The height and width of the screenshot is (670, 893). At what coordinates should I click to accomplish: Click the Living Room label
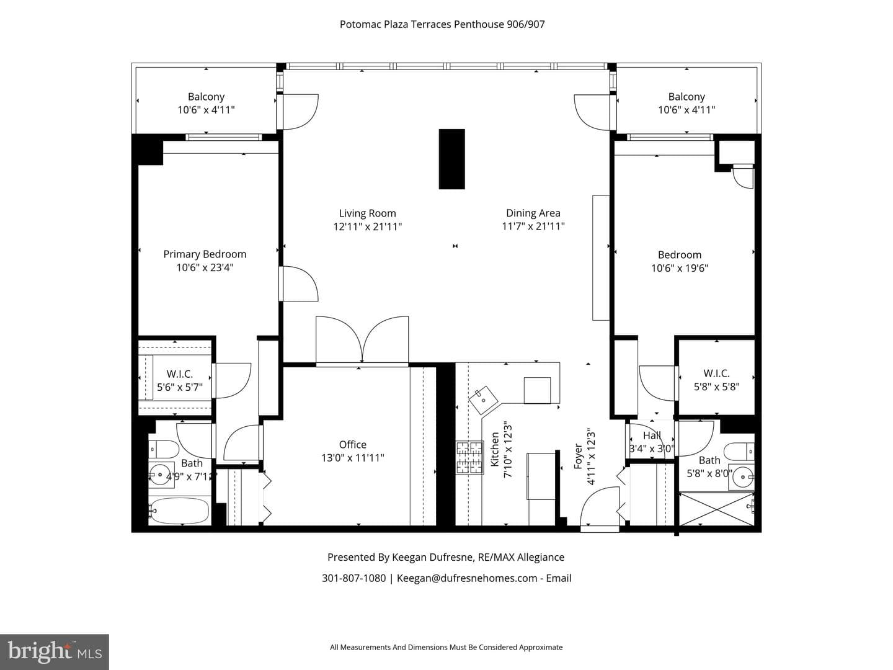click(x=367, y=213)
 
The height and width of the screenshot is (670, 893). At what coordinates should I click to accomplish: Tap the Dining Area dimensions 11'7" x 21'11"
click(x=533, y=226)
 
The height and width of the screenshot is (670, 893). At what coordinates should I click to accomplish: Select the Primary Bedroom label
click(x=205, y=254)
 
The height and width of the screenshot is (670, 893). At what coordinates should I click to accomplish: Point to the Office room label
click(x=353, y=445)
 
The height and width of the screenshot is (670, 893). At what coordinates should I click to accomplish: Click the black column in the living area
click(x=451, y=159)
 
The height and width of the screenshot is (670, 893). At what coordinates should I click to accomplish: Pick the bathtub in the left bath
click(x=179, y=511)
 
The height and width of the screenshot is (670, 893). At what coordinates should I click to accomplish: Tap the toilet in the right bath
click(x=739, y=452)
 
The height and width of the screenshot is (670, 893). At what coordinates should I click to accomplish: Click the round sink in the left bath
click(x=160, y=475)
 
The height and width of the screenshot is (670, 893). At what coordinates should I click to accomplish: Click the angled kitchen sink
click(x=483, y=400)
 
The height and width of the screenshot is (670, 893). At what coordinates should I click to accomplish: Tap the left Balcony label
click(x=207, y=97)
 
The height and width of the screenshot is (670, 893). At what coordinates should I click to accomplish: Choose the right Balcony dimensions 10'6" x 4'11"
click(x=686, y=110)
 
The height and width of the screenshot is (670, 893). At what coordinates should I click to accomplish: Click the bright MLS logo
click(x=55, y=652)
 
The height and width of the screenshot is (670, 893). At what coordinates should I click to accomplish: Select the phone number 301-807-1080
click(x=353, y=578)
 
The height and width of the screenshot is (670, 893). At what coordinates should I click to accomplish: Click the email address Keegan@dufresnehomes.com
click(x=467, y=578)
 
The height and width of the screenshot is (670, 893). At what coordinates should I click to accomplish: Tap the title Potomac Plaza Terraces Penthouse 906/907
click(x=442, y=24)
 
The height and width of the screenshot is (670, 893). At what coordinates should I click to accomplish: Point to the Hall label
click(x=652, y=435)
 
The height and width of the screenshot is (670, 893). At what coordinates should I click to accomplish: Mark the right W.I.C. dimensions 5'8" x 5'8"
click(x=716, y=387)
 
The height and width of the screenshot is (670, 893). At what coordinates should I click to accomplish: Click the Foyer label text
click(x=578, y=457)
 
